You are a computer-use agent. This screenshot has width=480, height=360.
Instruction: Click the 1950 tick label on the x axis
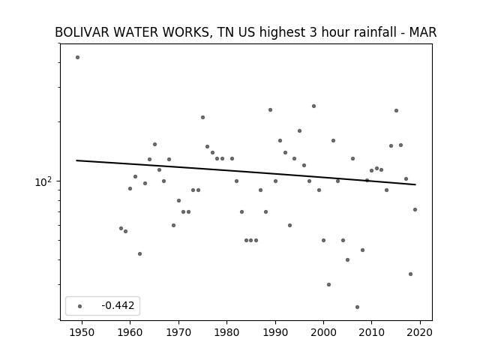tap(82, 332)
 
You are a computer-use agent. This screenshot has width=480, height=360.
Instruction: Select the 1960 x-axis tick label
tap(130, 332)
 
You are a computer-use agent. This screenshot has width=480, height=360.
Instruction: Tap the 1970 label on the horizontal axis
tap(178, 332)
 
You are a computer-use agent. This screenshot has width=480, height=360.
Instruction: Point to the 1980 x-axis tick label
tap(226, 332)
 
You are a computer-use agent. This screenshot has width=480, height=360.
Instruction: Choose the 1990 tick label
tap(275, 332)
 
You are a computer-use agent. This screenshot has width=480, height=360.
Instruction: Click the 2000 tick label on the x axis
tap(323, 332)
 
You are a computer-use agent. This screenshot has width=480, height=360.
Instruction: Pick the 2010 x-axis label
tap(372, 332)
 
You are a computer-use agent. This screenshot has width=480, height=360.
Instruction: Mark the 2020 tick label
tap(420, 332)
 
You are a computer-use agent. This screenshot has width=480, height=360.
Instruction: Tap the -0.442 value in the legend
tap(118, 305)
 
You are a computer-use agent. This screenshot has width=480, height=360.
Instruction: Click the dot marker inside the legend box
tap(79, 306)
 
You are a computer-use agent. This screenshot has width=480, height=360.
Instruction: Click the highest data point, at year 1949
tap(77, 57)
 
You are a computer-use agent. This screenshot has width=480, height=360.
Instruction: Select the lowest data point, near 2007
tap(357, 307)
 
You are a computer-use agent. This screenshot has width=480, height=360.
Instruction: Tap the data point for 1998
tap(313, 106)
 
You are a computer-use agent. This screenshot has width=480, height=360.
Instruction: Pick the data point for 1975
tap(202, 117)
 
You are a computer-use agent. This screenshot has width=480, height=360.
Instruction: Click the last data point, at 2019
tap(415, 210)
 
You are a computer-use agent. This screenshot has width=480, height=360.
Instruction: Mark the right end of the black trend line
tap(415, 184)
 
